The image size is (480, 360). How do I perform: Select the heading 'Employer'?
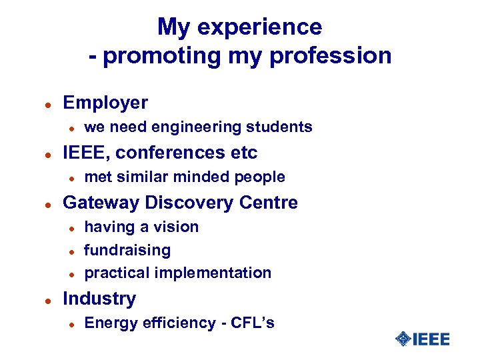105,103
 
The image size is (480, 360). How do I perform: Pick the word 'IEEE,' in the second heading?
86,153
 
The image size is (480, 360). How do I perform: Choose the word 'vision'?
176,227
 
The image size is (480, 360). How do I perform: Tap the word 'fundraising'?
127,250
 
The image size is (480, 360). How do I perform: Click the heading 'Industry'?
99,299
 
